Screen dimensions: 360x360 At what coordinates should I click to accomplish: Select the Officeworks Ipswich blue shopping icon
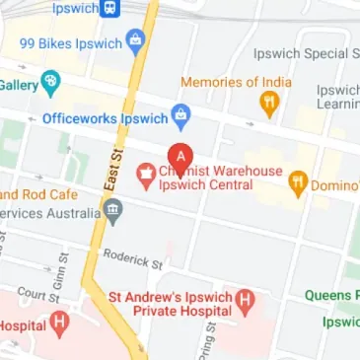[180, 118]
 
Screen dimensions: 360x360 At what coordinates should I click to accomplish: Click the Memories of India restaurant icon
[268, 103]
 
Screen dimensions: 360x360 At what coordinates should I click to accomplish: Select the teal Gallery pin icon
[51, 81]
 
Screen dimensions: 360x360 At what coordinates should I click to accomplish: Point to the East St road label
[109, 169]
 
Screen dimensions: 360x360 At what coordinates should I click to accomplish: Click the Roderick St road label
[132, 258]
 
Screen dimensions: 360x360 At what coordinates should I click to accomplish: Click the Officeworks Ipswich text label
[104, 118]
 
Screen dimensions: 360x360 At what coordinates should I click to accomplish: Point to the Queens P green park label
[330, 295]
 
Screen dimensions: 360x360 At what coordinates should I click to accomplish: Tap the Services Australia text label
[47, 213]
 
